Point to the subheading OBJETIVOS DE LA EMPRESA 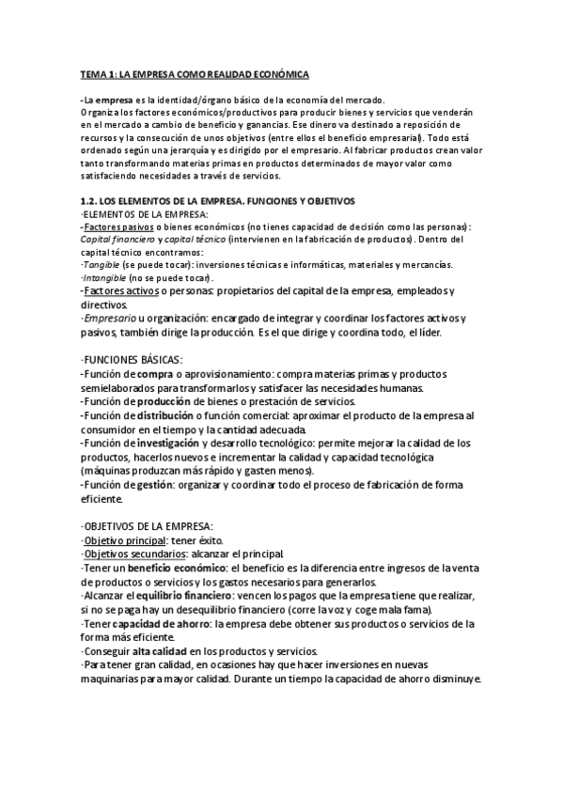[x=148, y=524]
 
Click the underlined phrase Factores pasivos [x=117, y=227]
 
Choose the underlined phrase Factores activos [x=117, y=292]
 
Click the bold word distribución [x=164, y=414]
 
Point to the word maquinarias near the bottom [x=117, y=678]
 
